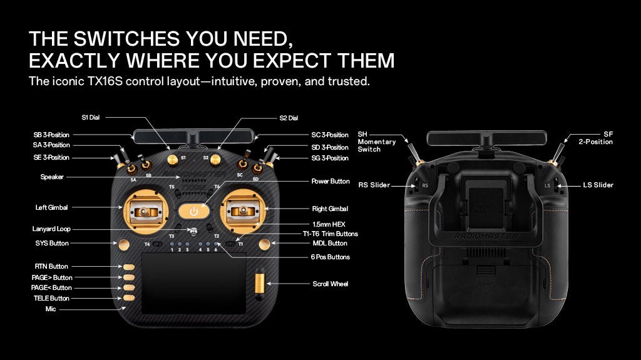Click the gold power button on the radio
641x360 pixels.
tap(193, 210)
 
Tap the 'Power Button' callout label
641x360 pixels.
tap(331, 182)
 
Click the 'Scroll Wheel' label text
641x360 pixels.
tap(330, 284)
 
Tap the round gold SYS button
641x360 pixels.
tap(124, 243)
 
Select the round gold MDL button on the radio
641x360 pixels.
tap(264, 242)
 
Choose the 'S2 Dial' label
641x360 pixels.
tap(289, 118)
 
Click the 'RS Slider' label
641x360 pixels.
tap(374, 185)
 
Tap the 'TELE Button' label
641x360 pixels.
tap(51, 299)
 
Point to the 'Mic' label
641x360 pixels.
tap(51, 309)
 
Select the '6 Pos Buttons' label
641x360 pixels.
tap(331, 257)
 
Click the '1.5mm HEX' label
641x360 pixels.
tap(329, 224)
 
